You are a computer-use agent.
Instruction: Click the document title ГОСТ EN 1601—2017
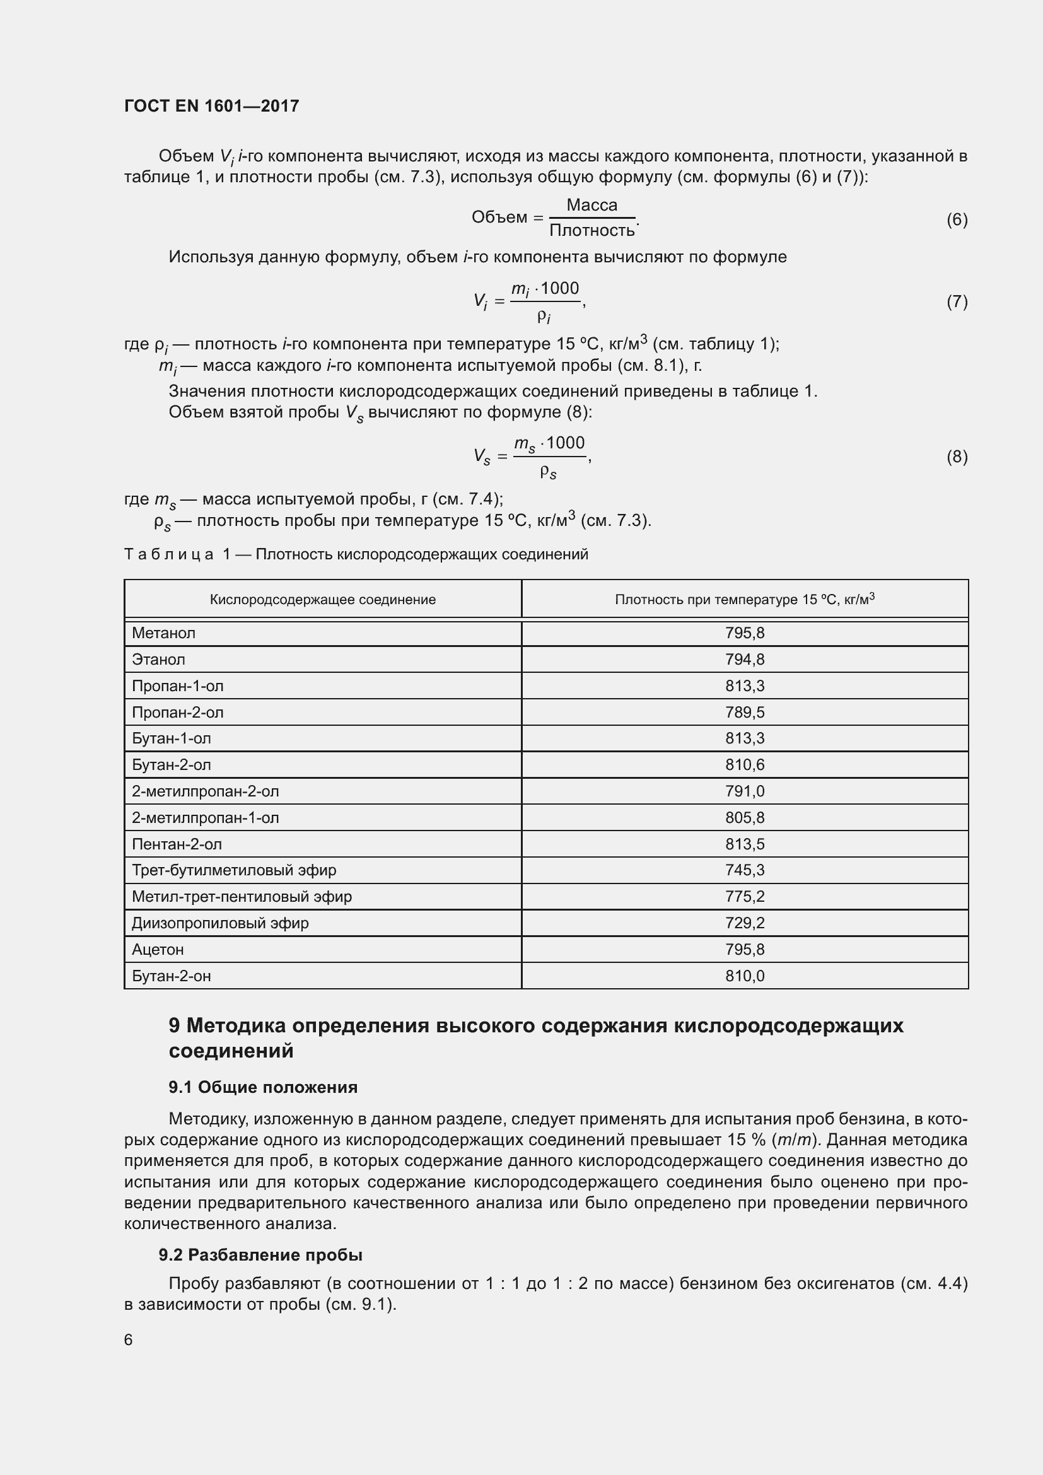pos(211,106)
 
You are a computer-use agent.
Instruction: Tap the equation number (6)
pos(957,219)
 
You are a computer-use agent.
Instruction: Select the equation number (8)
pos(957,457)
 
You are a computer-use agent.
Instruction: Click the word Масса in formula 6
pos(591,205)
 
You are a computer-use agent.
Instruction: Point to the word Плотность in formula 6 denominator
pos(591,230)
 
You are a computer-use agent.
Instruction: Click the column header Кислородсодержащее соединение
pos(322,599)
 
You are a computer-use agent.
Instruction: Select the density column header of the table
pos(744,599)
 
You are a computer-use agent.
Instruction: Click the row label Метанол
pos(164,633)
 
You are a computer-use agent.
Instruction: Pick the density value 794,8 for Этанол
pos(744,659)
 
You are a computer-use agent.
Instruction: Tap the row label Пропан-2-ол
pos(178,712)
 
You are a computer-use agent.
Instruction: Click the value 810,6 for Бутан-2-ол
pos(744,764)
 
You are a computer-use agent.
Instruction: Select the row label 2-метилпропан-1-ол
pos(206,817)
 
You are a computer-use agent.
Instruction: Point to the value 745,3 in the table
pos(744,870)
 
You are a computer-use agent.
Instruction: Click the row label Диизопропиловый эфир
pos(220,923)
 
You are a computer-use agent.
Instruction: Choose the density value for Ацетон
pos(744,949)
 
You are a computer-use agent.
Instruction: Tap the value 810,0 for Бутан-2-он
pos(744,976)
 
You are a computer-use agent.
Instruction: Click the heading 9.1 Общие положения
pos(263,1087)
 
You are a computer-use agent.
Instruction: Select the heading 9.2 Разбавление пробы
pos(261,1255)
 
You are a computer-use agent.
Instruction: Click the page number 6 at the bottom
pos(129,1339)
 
